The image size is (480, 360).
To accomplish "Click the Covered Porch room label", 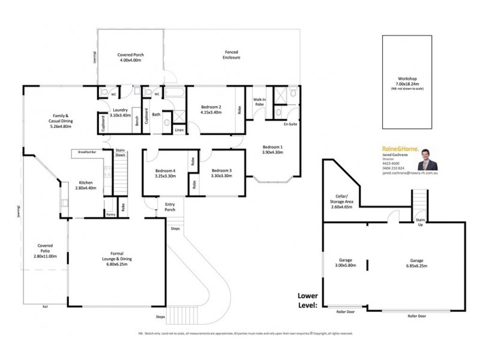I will point(130,58).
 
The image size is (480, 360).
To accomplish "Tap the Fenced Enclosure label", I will point(232,55).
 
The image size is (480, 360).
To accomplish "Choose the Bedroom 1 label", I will point(272,150).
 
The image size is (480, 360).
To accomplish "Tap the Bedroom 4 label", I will point(165,174).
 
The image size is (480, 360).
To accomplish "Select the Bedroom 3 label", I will point(221,174).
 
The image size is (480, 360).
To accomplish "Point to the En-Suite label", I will point(290,124).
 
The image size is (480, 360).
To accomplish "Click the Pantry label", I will point(110,214).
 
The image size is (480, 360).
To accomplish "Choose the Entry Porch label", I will point(170,207).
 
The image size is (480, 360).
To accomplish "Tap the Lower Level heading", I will point(307,300).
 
